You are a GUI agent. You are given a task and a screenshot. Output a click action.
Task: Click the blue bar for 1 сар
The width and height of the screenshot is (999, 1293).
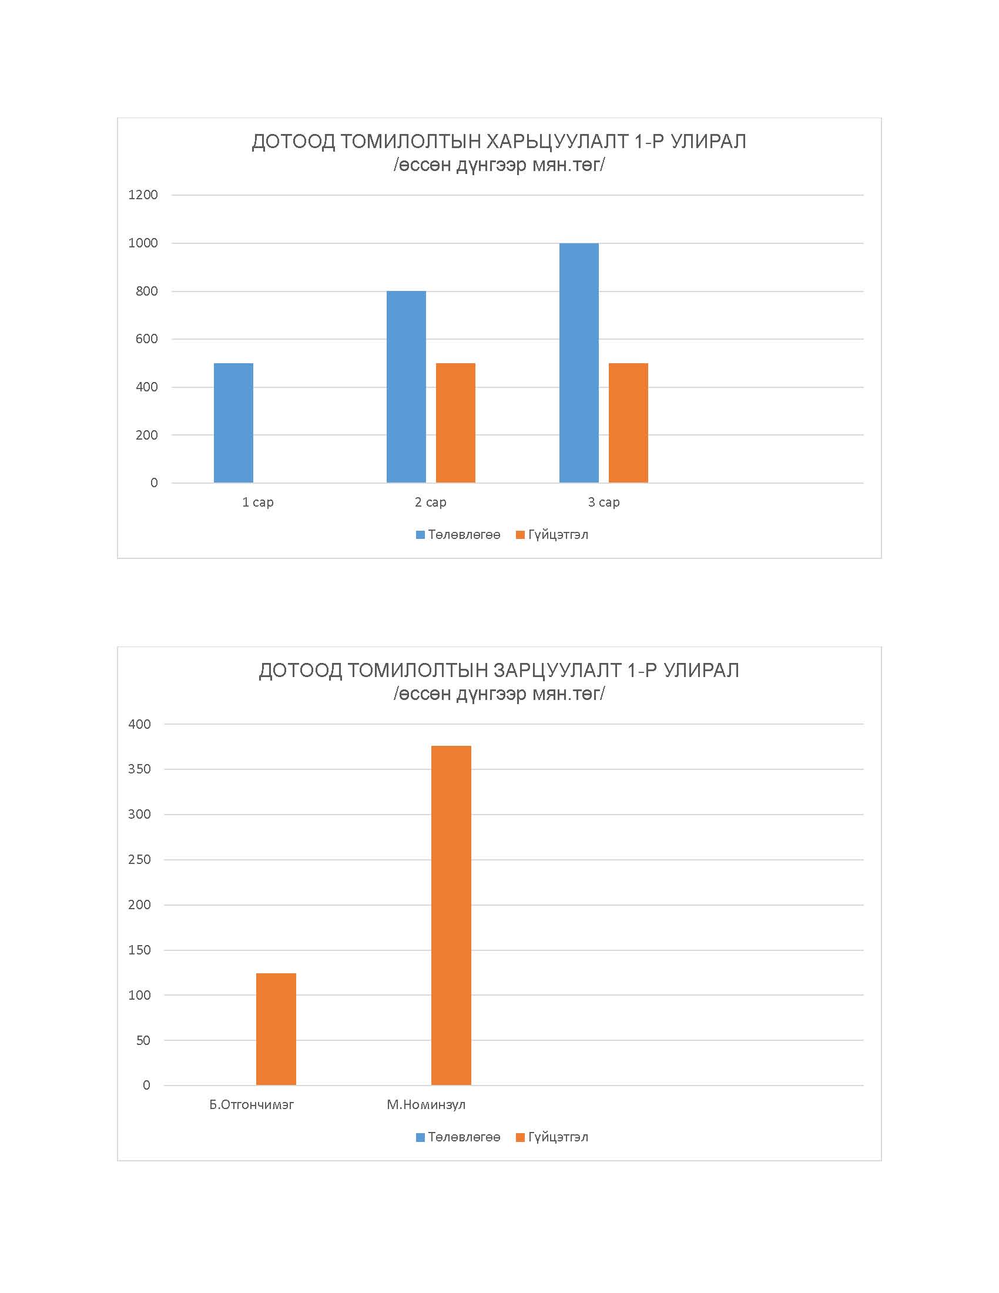[233, 423]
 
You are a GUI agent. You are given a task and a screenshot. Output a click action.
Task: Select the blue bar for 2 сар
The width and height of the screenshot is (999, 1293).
[406, 387]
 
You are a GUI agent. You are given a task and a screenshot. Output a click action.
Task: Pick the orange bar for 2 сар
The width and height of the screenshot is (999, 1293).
[455, 423]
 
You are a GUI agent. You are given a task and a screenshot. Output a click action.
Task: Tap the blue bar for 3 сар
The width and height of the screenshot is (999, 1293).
[579, 363]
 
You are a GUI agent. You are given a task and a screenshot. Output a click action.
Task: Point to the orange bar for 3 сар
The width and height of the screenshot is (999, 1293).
[629, 423]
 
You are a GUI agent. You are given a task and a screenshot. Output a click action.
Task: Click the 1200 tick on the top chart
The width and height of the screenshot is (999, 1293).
[143, 195]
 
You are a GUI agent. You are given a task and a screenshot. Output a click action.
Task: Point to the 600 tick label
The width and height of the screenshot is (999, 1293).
[147, 339]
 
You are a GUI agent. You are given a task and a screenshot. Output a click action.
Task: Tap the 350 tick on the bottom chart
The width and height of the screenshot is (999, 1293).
[140, 769]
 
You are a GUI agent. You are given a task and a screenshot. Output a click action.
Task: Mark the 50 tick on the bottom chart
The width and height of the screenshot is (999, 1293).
[143, 1040]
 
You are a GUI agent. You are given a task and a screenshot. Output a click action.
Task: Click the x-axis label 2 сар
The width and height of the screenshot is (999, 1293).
[431, 502]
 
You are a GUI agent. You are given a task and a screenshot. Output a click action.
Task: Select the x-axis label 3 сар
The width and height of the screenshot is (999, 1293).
[604, 502]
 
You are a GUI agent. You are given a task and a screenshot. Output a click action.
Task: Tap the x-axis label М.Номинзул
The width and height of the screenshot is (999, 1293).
[426, 1105]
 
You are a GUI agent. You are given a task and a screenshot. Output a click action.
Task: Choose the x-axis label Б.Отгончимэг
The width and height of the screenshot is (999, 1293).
[252, 1105]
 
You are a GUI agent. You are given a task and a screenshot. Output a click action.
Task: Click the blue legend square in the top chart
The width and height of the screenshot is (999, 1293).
[421, 535]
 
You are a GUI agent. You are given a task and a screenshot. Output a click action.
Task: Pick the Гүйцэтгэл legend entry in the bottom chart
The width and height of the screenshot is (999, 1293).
[552, 1137]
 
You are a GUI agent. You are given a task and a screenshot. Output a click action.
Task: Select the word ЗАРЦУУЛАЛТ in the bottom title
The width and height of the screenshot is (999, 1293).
[558, 670]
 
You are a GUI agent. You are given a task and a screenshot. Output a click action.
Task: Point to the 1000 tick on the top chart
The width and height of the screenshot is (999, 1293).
[143, 243]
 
